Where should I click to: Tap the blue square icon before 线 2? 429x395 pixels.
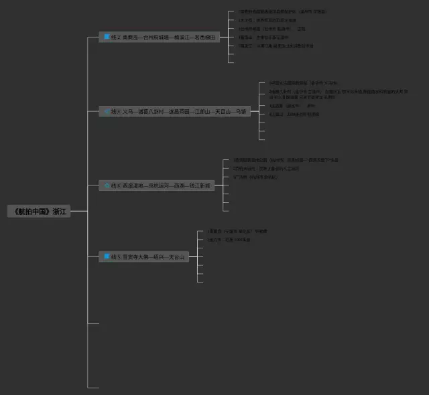point(107,37)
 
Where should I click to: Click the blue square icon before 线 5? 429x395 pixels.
point(107,256)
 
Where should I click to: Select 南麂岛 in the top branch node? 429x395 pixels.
point(130,37)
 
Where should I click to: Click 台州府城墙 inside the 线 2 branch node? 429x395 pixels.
point(156,37)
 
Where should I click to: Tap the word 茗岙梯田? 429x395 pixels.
point(206,37)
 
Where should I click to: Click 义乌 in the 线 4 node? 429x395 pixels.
point(127,111)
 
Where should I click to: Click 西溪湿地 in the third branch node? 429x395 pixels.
point(133,185)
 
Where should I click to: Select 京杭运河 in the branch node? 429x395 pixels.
point(159,185)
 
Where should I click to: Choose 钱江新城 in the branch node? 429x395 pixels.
point(199,185)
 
